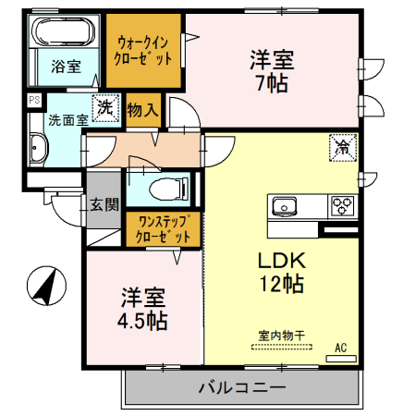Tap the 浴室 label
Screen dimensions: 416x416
coord(65,67)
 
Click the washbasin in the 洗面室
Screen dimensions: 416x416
coord(38,149)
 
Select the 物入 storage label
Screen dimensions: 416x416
coord(143,110)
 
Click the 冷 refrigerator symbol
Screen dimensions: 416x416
coord(342,146)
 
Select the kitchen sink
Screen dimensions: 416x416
coord(282,205)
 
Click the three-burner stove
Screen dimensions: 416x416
coord(343,205)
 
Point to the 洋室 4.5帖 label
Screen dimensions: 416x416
coord(144,310)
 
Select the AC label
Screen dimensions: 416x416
coord(340,348)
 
